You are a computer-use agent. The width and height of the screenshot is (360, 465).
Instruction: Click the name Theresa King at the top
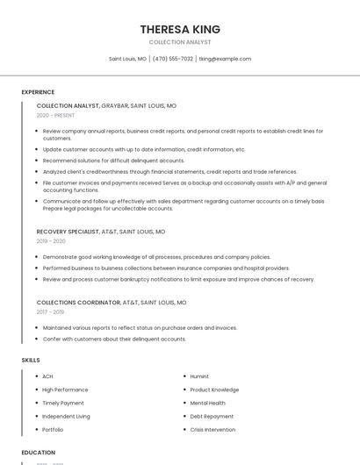[180, 29]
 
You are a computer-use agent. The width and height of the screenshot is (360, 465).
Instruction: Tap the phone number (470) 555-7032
[173, 59]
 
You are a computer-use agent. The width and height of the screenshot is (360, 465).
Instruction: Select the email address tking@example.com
[225, 59]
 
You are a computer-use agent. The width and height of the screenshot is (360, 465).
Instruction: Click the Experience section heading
[38, 92]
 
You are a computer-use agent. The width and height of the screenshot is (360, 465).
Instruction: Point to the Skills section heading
[31, 360]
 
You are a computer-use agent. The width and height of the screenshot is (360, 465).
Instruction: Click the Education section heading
[39, 453]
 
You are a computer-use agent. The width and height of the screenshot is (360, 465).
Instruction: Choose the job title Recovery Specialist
[68, 232]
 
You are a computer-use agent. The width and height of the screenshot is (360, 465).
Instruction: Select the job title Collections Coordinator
[78, 302]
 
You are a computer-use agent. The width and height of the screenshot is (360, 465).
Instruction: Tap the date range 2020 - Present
[55, 115]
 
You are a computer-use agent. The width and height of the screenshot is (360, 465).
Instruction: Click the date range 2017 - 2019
[50, 311]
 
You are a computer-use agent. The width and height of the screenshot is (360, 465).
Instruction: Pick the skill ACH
[47, 376]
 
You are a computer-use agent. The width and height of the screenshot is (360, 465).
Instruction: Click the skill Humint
[199, 376]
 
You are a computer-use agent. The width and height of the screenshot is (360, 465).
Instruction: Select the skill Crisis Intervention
[213, 430]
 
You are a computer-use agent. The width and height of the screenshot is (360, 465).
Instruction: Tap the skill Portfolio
[53, 430]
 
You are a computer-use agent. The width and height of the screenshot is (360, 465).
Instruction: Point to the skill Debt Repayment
[212, 417]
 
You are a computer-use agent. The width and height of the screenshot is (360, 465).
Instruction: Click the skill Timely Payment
[63, 403]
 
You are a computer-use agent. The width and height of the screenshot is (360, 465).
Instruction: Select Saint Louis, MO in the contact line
[127, 59]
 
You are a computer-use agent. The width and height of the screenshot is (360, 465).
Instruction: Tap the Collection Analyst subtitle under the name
[180, 42]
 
